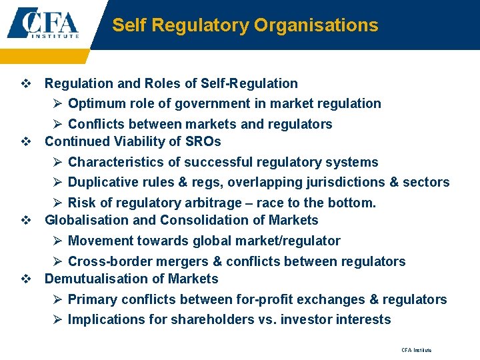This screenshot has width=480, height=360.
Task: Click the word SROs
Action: (x=204, y=141)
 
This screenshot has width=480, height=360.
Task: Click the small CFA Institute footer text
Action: (x=416, y=350)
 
